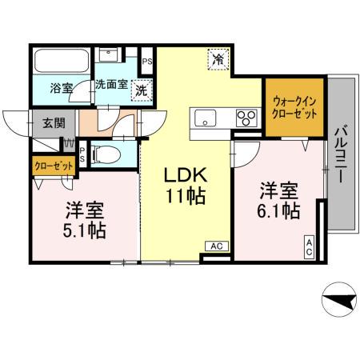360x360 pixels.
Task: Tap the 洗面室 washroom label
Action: coord(112,83)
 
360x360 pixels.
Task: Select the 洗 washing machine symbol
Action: coord(141,91)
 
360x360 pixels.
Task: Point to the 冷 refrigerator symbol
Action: coord(218,58)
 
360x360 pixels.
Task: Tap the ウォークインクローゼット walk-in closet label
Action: coord(294,107)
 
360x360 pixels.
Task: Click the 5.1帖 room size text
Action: coord(84,230)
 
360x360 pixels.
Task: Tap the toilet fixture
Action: coord(108,153)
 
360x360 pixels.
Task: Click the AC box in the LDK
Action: coord(216,246)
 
